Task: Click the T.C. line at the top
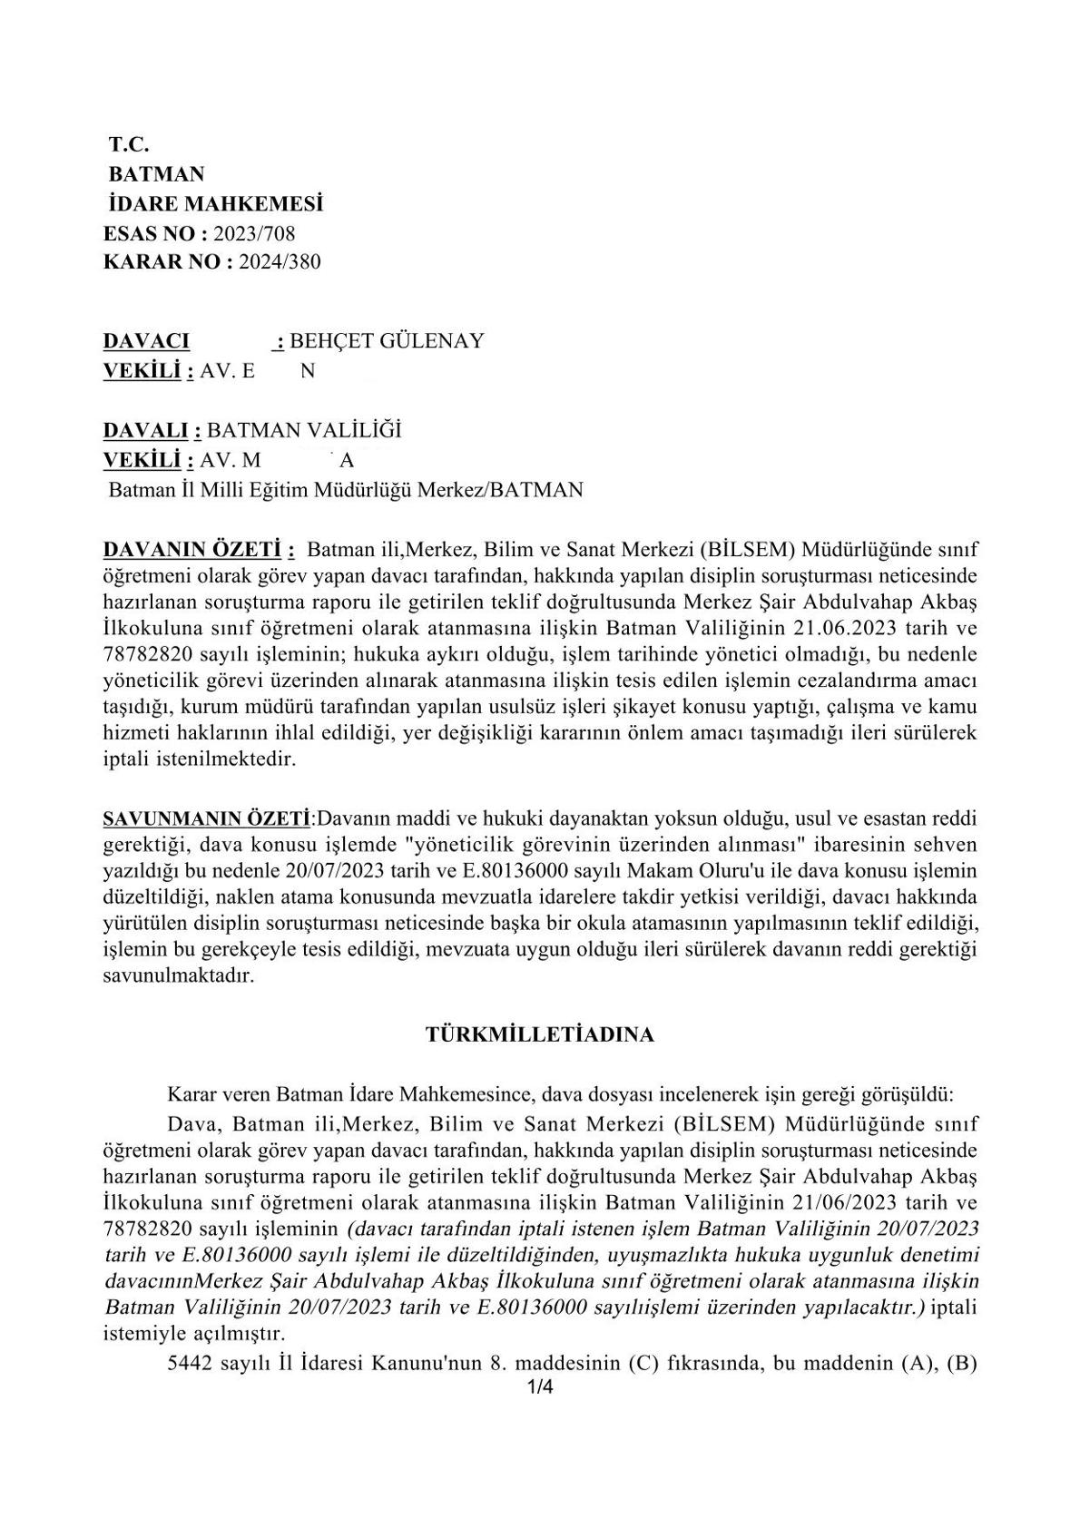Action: click(128, 144)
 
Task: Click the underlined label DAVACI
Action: click(146, 341)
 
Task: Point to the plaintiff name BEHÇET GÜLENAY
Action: click(387, 341)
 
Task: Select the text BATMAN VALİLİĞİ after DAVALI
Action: click(304, 430)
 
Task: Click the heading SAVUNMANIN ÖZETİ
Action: click(207, 819)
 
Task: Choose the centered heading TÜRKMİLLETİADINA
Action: click(540, 1034)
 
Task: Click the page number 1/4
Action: click(540, 1386)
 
